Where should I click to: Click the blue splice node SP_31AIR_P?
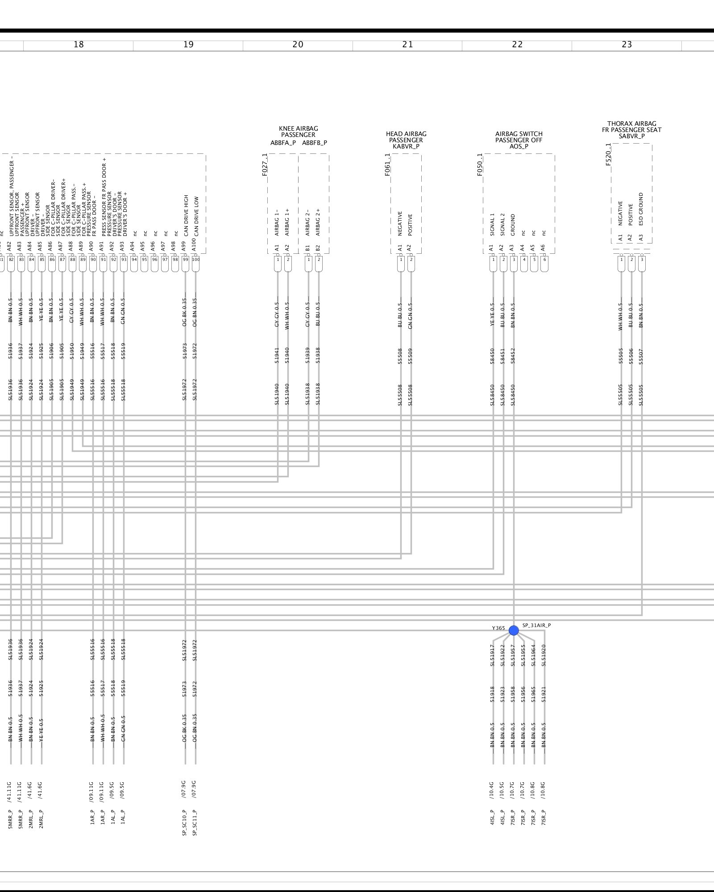click(x=514, y=630)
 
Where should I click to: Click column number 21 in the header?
click(x=407, y=45)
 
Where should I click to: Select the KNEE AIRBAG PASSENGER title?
click(x=298, y=132)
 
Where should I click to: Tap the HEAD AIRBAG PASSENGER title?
click(x=406, y=137)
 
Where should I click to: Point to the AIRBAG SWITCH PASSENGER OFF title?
click(x=519, y=137)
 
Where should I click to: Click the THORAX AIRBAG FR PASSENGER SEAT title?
click(x=631, y=127)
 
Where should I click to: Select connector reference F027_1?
click(x=265, y=165)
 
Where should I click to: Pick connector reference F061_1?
click(x=388, y=165)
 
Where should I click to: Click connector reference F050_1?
click(x=480, y=165)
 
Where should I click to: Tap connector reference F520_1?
click(x=608, y=154)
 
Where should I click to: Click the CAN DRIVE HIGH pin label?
click(x=186, y=215)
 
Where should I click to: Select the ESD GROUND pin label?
click(x=641, y=209)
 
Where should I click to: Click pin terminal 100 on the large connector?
click(x=195, y=260)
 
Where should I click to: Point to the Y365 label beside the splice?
click(x=498, y=628)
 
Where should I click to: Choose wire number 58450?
click(x=493, y=356)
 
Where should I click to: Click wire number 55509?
click(x=411, y=356)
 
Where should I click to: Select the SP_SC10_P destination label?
click(x=184, y=822)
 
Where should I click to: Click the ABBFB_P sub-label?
click(x=315, y=143)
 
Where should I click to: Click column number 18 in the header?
click(x=79, y=45)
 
